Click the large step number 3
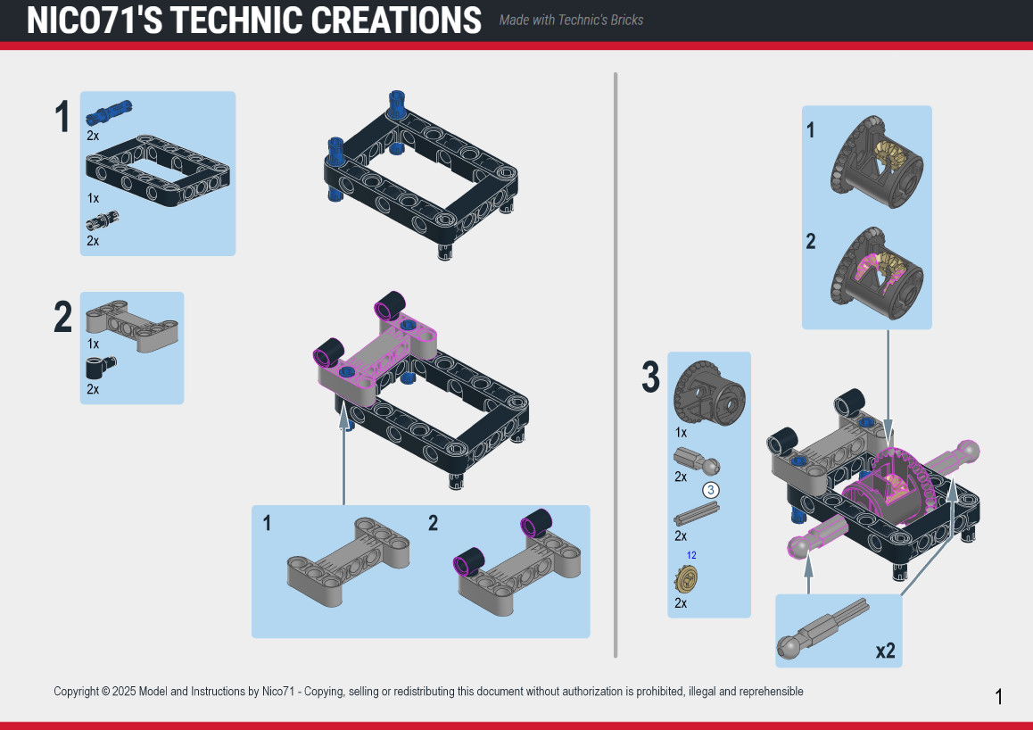click(x=650, y=377)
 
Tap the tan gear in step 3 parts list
click(x=687, y=580)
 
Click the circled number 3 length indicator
click(x=710, y=490)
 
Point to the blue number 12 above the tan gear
click(x=691, y=555)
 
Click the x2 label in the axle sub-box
click(x=886, y=651)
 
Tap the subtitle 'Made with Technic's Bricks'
click(x=571, y=21)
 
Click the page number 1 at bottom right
click(x=999, y=696)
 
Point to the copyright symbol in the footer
click(x=104, y=692)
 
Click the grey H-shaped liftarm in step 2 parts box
click(x=132, y=326)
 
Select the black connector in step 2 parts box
click(x=101, y=368)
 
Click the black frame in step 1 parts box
click(x=158, y=170)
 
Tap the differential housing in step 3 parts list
click(x=709, y=394)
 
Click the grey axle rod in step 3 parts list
click(x=697, y=514)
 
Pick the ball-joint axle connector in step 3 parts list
click(x=697, y=460)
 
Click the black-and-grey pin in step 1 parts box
click(x=102, y=220)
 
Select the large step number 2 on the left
click(x=62, y=317)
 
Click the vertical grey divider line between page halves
click(x=616, y=365)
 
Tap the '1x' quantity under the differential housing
click(x=681, y=433)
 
